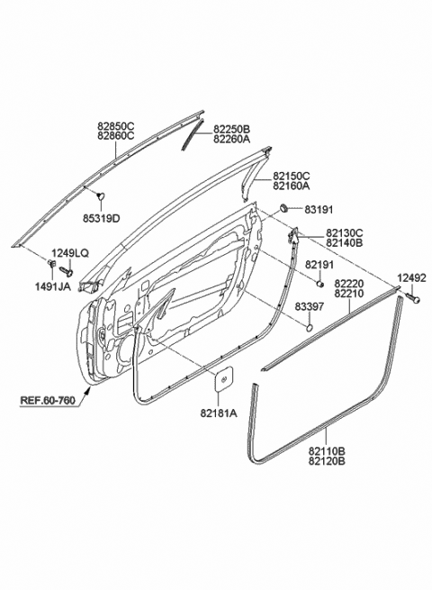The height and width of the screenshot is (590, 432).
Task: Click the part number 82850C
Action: point(116,126)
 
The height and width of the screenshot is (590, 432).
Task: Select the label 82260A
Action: point(232,140)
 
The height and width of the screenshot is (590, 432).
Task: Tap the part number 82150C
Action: point(292,176)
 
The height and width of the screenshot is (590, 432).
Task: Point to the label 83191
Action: point(319,210)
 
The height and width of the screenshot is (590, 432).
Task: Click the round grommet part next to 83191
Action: point(284,208)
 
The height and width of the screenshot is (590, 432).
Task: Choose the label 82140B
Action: point(345,242)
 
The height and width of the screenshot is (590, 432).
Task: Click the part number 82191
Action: point(319,265)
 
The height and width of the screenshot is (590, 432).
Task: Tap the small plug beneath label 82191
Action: point(319,284)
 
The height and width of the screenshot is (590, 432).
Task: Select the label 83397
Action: point(309,306)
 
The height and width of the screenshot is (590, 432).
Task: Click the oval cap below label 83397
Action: point(309,327)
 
